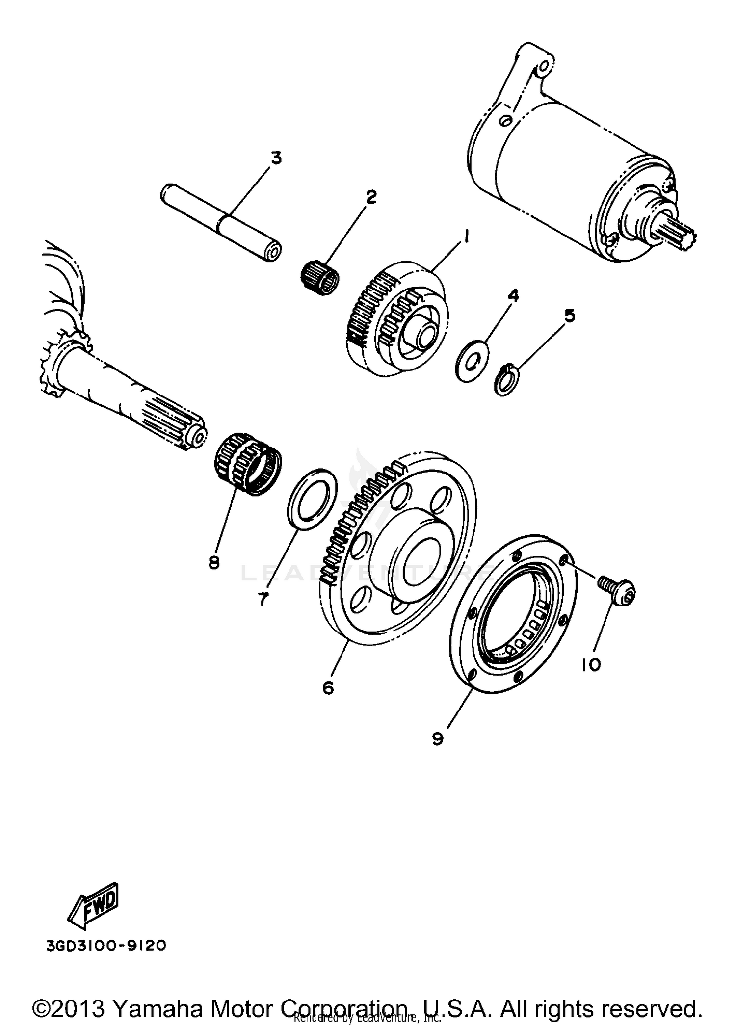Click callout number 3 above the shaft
[276, 158]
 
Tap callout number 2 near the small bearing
[370, 197]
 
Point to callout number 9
[438, 738]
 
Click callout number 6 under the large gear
[328, 687]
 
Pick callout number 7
[263, 599]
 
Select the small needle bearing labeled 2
[319, 278]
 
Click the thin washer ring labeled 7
[312, 499]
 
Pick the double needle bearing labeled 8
[248, 464]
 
